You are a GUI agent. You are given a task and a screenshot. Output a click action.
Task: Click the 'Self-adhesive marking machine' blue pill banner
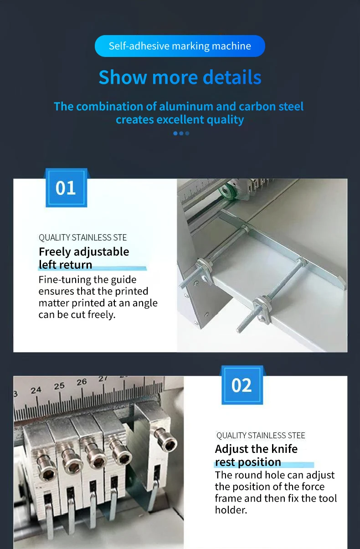click(x=180, y=46)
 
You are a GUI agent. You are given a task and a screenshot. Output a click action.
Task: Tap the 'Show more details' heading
click(x=180, y=77)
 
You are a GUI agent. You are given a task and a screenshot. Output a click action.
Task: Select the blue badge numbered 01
click(x=66, y=188)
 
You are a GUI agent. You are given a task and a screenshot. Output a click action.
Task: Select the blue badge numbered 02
click(x=242, y=385)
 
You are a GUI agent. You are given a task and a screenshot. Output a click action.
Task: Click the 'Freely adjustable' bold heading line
click(x=84, y=252)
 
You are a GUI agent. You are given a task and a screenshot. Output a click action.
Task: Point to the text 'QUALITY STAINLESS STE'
click(x=82, y=237)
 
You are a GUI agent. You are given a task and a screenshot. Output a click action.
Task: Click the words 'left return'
click(x=65, y=265)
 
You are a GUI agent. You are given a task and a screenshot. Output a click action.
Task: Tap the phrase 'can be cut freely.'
click(x=77, y=315)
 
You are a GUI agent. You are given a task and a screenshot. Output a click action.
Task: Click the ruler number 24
click(x=36, y=390)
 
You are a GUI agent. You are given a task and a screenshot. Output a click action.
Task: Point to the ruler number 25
click(x=59, y=386)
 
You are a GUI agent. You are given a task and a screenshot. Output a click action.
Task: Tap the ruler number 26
click(x=82, y=382)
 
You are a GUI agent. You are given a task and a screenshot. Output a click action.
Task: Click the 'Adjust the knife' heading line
click(x=256, y=449)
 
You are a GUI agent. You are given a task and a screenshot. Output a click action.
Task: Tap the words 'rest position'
click(x=248, y=462)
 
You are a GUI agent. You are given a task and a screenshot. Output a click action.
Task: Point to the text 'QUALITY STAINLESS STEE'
click(x=261, y=436)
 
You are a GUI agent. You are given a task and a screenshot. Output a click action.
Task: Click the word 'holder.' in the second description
click(x=231, y=510)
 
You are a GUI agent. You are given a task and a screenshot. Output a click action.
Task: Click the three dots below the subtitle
click(x=181, y=133)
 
